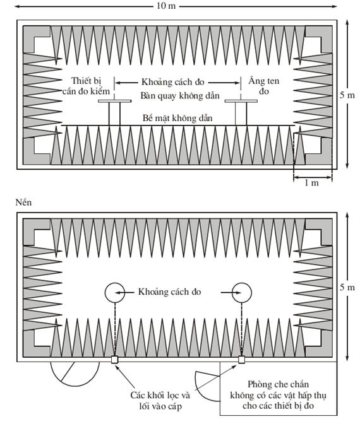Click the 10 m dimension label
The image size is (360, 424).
click(166, 6)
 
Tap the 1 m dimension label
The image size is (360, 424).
click(311, 183)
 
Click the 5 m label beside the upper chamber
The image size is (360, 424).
click(347, 95)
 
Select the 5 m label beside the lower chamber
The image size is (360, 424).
click(347, 287)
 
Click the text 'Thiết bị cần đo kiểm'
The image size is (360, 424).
click(86, 86)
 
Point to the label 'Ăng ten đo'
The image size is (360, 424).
click(264, 86)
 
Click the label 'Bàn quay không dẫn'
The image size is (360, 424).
click(180, 96)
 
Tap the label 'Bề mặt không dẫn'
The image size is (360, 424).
click(177, 118)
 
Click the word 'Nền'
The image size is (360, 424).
click(23, 203)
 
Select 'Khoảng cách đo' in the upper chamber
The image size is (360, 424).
click(172, 82)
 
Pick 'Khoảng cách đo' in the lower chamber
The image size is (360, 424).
click(170, 291)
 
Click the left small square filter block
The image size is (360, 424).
click(114, 360)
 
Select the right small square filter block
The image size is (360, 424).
click(241, 360)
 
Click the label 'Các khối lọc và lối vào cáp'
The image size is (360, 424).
click(160, 401)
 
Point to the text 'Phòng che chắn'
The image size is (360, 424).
click(278, 384)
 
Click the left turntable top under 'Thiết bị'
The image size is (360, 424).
click(115, 101)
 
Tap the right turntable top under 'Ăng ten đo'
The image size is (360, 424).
click(241, 101)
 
